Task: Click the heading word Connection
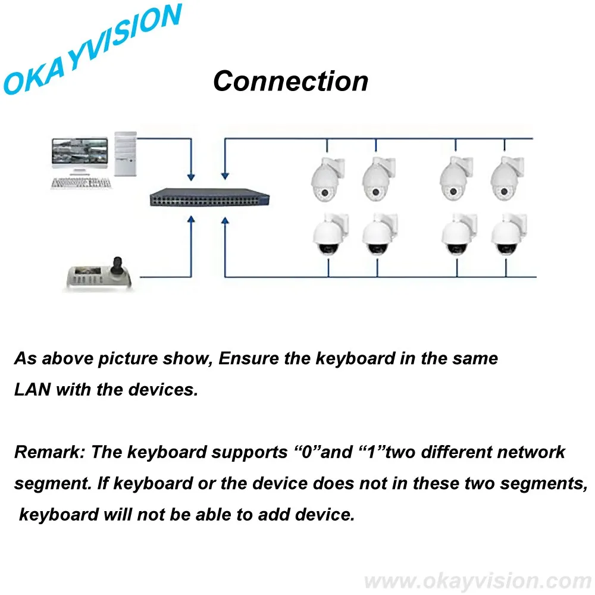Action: pos(291,81)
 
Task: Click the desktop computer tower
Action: pos(126,154)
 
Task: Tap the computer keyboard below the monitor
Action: pos(81,183)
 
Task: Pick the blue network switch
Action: pos(209,198)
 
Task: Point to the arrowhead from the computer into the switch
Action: pos(191,177)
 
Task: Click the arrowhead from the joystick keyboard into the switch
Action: pos(191,220)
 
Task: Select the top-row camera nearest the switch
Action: pos(327,178)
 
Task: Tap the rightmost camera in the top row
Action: pos(507,178)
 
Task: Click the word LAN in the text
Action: pos(33,390)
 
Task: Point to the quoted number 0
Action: pos(306,452)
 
